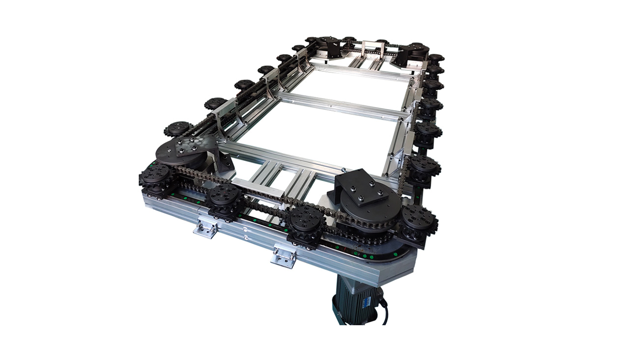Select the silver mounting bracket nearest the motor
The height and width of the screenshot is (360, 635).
(284, 256)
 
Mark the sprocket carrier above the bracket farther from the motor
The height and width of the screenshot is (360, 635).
(224, 196)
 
